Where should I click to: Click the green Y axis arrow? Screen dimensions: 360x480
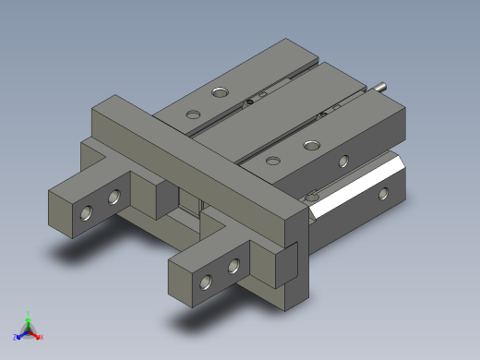[x=29, y=317]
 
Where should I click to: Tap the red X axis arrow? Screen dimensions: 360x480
[x=40, y=337]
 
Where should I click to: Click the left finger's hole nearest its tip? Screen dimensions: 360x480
[x=87, y=213]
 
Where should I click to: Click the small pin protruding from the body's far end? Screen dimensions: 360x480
[x=382, y=89]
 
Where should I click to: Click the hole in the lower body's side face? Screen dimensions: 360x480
[x=385, y=194]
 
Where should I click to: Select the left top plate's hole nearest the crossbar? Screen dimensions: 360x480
[x=193, y=114]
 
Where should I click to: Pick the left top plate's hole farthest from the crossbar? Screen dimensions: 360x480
[x=220, y=91]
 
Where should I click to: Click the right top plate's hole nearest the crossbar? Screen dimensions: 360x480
[x=272, y=161]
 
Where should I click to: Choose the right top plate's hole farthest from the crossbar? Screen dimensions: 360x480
[x=310, y=143]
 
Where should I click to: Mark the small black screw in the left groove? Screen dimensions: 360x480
[x=249, y=102]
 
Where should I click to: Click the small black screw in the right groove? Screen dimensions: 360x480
[x=322, y=114]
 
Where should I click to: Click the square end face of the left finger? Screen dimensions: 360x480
[x=61, y=210]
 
